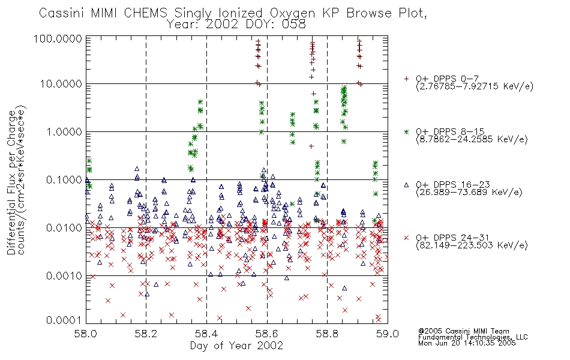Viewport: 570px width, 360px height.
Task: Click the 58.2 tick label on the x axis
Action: [x=146, y=334]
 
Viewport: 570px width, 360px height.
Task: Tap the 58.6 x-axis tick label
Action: [x=267, y=334]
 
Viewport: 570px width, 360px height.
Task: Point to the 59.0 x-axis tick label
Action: [x=388, y=334]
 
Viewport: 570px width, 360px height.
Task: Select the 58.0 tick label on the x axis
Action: [x=85, y=334]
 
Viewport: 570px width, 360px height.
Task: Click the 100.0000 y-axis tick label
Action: [x=58, y=38]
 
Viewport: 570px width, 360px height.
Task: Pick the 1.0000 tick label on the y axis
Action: [x=64, y=131]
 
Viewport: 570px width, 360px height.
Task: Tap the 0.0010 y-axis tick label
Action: [x=64, y=275]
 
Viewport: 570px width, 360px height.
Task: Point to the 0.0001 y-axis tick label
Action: [x=64, y=320]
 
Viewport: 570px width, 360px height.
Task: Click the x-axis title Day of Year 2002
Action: [x=236, y=346]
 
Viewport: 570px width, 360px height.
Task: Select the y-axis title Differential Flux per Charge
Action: [x=11, y=182]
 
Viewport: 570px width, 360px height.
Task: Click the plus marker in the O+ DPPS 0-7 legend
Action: [x=406, y=79]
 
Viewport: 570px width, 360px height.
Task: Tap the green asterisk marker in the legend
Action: [x=406, y=131]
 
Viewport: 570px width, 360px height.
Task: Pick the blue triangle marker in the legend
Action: [x=406, y=185]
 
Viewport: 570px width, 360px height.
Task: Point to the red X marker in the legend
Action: [x=406, y=238]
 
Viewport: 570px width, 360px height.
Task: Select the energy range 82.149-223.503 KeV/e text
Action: [x=472, y=245]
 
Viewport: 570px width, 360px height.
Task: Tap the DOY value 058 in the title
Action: [x=294, y=25]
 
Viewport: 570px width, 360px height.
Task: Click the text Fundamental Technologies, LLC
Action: [x=473, y=337]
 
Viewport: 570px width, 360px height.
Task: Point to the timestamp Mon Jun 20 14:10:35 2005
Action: [x=467, y=343]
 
